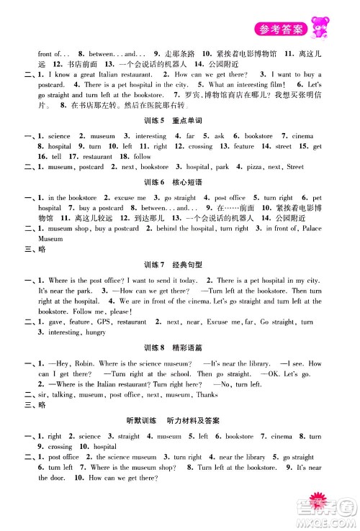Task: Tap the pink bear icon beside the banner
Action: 318,26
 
